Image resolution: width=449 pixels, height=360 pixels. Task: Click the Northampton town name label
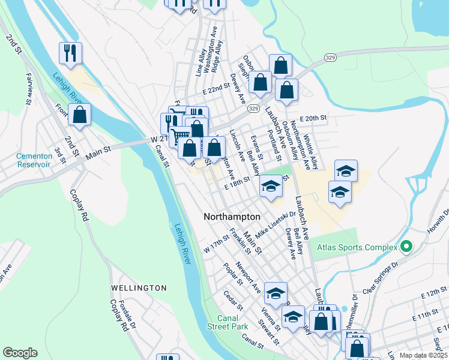coord(232,217)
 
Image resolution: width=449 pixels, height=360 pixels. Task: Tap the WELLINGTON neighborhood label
coord(139,288)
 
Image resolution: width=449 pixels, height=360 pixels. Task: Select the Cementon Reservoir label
coord(34,160)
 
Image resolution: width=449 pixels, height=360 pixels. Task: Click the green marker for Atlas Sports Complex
coord(406,247)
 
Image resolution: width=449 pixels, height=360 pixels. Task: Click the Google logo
coord(20,353)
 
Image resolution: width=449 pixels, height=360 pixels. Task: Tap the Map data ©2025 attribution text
coord(423,355)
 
